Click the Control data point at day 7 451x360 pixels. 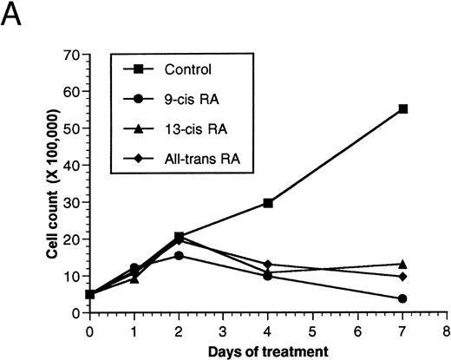point(403,109)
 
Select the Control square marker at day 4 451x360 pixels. point(268,203)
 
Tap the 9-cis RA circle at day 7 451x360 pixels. point(403,298)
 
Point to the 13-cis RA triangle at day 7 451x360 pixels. point(403,264)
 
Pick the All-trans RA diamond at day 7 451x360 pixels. point(403,277)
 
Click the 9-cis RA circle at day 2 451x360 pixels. point(179,256)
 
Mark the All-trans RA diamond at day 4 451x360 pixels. point(268,265)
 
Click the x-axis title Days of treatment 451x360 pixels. point(268,350)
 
